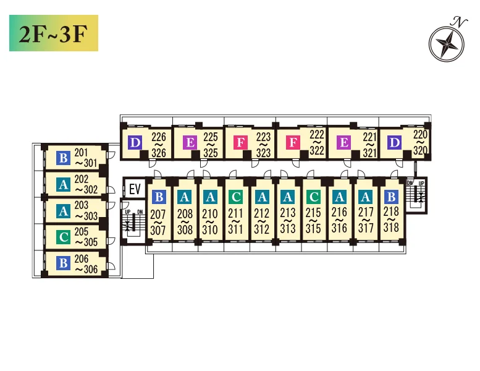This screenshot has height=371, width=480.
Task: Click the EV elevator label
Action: click(x=135, y=189)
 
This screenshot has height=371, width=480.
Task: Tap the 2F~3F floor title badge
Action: click(x=54, y=33)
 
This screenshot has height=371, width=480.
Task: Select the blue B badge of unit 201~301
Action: click(x=64, y=158)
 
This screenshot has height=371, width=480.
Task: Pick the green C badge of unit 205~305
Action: click(x=64, y=237)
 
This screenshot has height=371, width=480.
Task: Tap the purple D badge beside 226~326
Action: click(x=135, y=143)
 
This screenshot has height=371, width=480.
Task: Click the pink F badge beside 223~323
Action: click(x=240, y=143)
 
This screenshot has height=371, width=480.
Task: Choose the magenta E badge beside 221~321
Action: click(x=343, y=142)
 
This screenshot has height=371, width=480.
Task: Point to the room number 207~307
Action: click(x=158, y=222)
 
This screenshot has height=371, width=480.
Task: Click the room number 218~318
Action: click(x=391, y=220)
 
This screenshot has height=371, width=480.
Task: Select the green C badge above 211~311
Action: click(x=236, y=197)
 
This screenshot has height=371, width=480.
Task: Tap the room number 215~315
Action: click(x=313, y=220)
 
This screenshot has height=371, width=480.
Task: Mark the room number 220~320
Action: click(x=420, y=142)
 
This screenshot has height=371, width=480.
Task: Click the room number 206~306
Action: click(x=86, y=264)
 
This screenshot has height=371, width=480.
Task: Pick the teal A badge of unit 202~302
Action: click(x=64, y=185)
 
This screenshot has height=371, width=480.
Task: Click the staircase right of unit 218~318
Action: click(x=416, y=195)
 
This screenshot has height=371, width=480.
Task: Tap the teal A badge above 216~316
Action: click(x=340, y=197)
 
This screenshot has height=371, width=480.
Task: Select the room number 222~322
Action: click(x=317, y=142)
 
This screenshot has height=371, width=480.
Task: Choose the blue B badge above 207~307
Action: click(x=159, y=197)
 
